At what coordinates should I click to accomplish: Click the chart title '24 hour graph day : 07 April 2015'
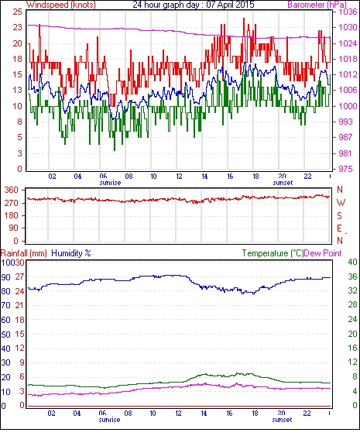coord(194,5)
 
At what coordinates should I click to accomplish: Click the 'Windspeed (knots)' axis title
coord(61,5)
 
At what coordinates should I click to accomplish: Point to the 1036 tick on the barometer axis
coord(347,12)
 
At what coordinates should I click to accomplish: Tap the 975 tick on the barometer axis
coord(345,169)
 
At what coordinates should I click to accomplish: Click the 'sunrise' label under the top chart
coord(110,183)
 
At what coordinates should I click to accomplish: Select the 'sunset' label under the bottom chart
coord(282,420)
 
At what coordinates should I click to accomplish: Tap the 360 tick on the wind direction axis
coord(11,191)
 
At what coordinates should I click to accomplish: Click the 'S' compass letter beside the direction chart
coord(339,215)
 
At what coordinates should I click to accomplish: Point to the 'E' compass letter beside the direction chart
coord(339,228)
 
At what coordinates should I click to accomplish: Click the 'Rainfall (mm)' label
coord(24,253)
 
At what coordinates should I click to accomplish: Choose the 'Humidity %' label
coord(71,253)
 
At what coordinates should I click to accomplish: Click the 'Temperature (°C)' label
coord(273,253)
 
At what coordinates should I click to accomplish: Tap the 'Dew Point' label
coord(323,253)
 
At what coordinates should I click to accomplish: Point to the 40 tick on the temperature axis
coord(352,262)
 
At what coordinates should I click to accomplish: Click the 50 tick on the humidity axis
coord(6,335)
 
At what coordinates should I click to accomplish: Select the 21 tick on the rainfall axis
coord(19,305)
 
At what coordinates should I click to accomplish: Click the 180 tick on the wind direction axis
coord(11,216)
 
